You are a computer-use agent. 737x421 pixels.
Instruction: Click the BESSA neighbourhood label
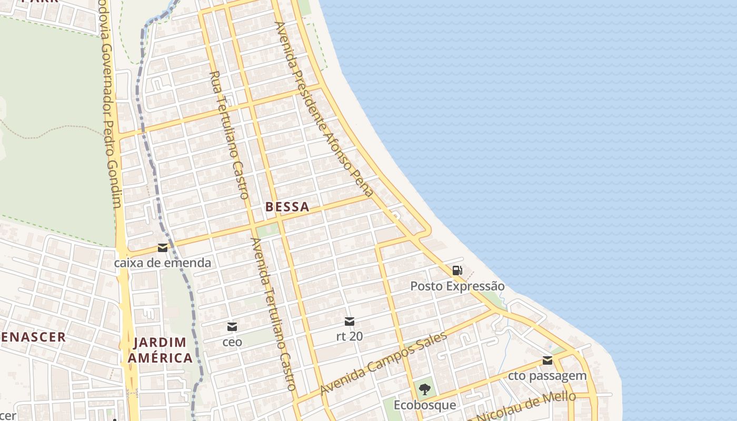click(287, 207)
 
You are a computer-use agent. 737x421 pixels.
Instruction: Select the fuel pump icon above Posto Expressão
click(457, 271)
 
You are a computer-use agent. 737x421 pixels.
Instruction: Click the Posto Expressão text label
click(457, 286)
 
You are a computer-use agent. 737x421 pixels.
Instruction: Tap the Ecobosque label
click(424, 405)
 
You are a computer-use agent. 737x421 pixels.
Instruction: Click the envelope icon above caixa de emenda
click(163, 248)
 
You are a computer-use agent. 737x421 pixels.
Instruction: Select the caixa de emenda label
click(163, 263)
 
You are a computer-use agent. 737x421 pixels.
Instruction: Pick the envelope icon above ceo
click(232, 327)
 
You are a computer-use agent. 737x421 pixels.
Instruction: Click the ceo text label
click(232, 342)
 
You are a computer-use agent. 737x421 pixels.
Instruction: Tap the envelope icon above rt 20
click(349, 322)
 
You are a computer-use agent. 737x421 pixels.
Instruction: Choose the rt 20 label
click(349, 336)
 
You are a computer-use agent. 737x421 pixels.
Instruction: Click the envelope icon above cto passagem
click(547, 361)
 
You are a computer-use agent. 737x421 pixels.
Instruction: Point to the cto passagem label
click(547, 376)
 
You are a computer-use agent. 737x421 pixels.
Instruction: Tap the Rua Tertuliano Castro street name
click(230, 135)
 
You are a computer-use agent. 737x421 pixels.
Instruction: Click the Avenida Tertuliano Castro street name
click(273, 314)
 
